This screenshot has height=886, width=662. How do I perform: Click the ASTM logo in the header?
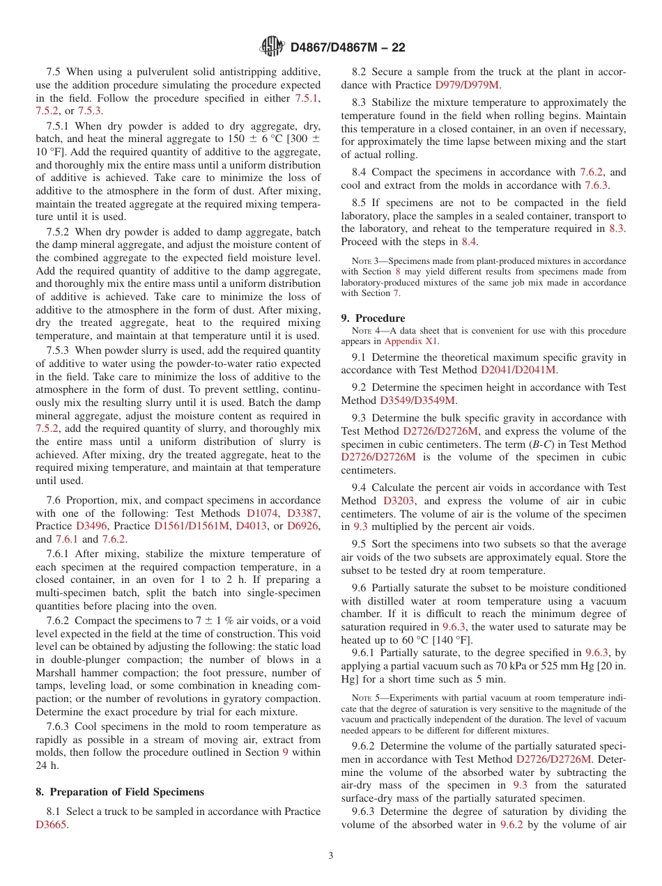point(272,47)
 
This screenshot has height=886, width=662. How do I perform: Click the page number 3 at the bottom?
point(331,855)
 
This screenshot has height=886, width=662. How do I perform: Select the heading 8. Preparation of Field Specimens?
point(120,791)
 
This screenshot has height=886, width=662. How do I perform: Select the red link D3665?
point(52,824)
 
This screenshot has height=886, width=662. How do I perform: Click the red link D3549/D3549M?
point(417,401)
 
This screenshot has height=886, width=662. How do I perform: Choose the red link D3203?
point(398,501)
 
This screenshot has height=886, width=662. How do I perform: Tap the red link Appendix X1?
point(412,341)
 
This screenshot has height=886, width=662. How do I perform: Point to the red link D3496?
point(92,526)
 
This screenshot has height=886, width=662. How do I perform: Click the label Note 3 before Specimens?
point(367,261)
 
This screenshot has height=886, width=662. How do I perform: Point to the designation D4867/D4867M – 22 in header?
point(347,47)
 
